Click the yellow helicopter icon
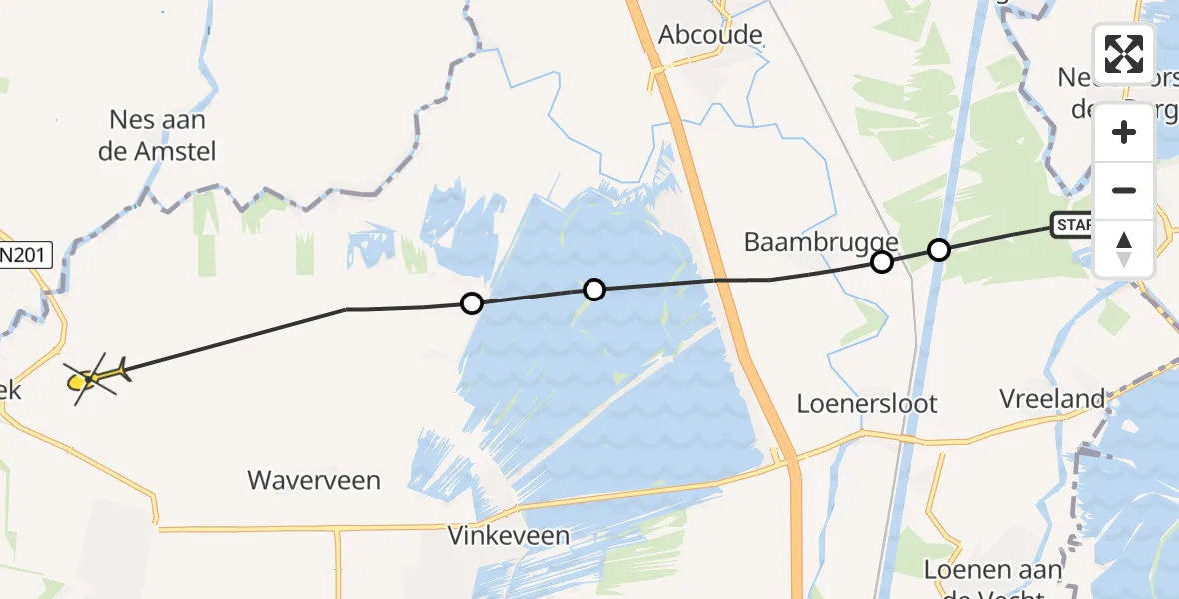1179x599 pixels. [x=95, y=377]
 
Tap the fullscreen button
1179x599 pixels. [x=1124, y=54]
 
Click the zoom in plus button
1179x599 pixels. [x=1124, y=132]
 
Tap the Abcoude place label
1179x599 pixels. [x=711, y=36]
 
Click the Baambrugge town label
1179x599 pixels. [x=821, y=242]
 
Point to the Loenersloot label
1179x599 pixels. [x=867, y=404]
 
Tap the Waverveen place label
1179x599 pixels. [x=315, y=481]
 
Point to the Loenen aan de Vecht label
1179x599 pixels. [x=983, y=581]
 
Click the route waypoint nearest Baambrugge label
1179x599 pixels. [x=881, y=262]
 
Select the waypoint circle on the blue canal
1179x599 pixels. [x=938, y=249]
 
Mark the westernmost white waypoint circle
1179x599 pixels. [x=471, y=302]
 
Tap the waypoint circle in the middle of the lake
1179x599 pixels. [x=594, y=290]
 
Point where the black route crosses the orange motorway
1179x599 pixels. [x=728, y=281]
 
